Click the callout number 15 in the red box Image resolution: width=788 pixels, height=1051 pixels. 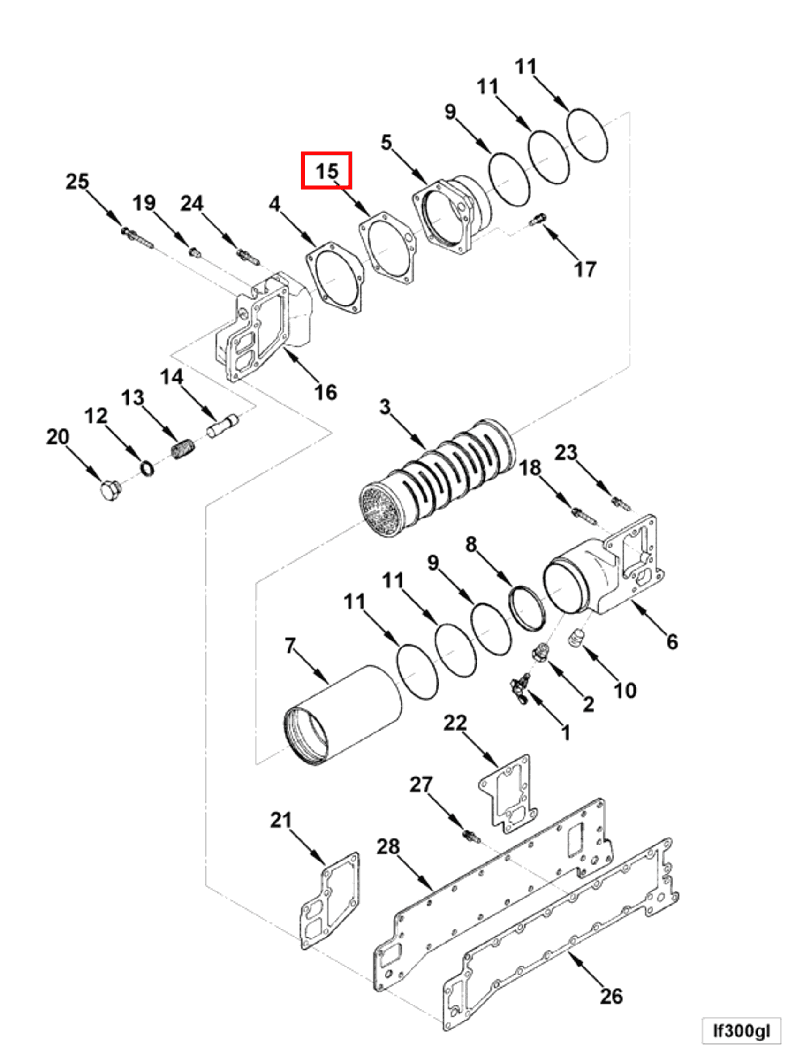326,171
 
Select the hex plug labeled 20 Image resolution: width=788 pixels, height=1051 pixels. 111,490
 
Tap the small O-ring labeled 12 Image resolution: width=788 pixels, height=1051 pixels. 148,469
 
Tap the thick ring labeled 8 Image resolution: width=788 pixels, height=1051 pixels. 526,609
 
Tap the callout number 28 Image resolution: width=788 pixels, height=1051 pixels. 387,846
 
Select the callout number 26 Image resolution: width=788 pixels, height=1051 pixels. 611,996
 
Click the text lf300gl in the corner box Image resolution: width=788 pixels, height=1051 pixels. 741,1031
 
